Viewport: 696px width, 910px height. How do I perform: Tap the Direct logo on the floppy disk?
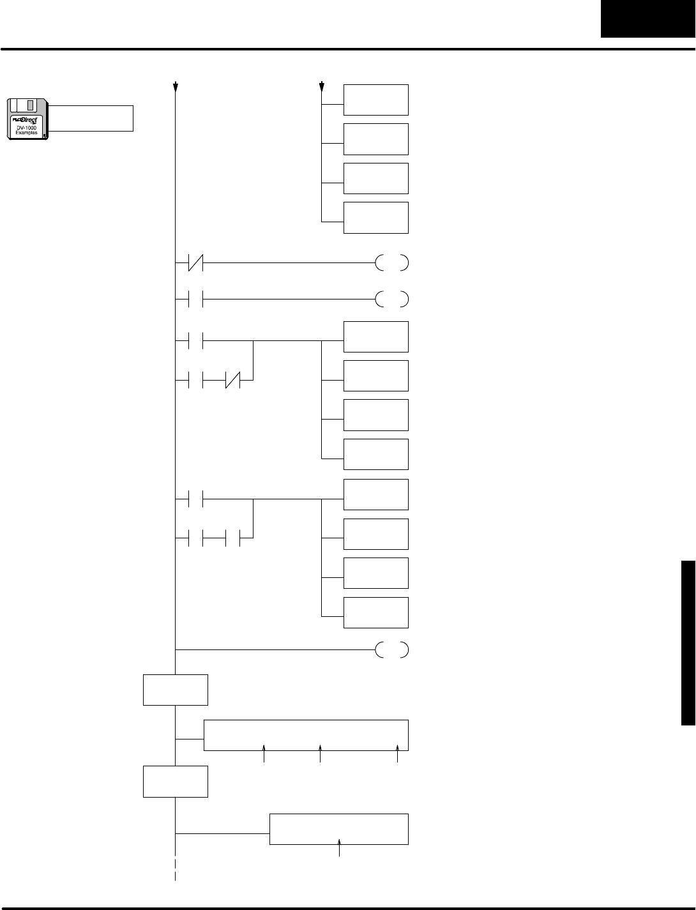26,120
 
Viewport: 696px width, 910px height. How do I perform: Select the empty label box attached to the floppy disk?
91,118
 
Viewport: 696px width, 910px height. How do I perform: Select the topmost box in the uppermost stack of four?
376,100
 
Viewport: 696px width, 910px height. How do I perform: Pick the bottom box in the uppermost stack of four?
376,218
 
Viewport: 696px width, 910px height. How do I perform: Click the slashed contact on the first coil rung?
196,262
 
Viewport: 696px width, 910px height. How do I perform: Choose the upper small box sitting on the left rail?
176,689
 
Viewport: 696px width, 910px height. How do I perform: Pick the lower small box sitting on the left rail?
176,781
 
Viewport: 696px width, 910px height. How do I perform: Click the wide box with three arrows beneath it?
306,735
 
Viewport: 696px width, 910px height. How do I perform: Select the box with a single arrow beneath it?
339,829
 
